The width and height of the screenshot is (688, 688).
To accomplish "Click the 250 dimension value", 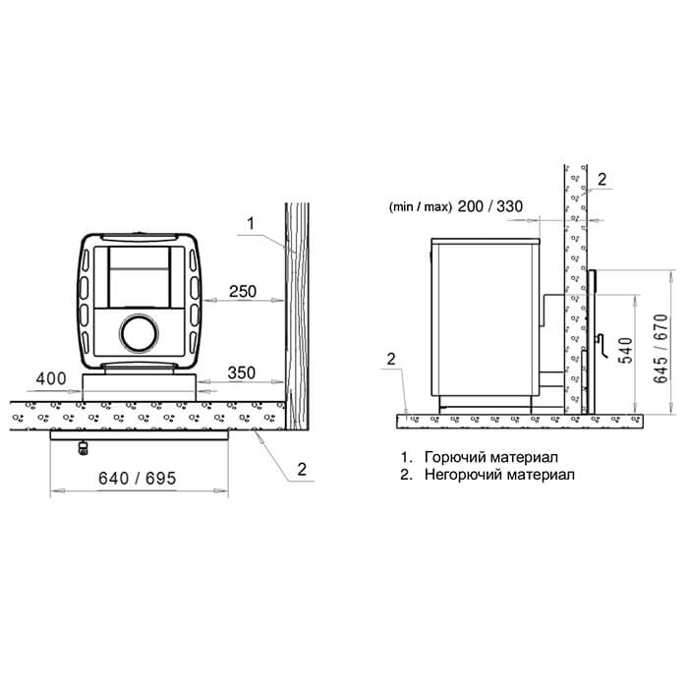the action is coord(243,291).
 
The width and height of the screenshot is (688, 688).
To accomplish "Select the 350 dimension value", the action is coord(242,373).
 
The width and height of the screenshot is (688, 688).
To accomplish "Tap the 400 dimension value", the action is coord(51,378).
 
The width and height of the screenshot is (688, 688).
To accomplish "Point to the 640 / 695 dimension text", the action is coord(137,479).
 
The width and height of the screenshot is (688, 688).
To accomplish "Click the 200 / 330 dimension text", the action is coord(490,206).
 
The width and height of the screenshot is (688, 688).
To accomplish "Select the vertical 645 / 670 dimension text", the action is coord(660,348).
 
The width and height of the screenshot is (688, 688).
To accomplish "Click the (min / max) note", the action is coord(420,206).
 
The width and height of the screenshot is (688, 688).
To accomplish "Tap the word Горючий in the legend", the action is coord(455,457).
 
